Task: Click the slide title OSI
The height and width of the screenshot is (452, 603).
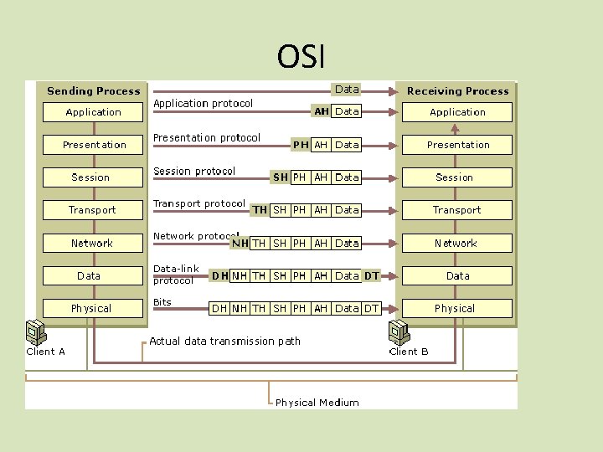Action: coord(301,57)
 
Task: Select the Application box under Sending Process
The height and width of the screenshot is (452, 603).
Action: coord(94,112)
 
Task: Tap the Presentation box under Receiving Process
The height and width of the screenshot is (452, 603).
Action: coord(457,145)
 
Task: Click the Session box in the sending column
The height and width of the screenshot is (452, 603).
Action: coord(91,177)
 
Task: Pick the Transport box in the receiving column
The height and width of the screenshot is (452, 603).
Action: coord(457,210)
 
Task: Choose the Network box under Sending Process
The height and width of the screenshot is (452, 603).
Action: coord(92,243)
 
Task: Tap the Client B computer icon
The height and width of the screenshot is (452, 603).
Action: coord(397,332)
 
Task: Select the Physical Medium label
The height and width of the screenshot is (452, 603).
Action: coord(317,403)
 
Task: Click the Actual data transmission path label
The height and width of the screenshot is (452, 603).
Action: coord(224,341)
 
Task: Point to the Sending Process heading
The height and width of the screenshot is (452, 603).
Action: coord(94,90)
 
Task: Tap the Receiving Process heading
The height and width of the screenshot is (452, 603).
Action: coord(457,90)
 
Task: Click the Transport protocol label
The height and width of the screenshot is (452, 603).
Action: coord(199,203)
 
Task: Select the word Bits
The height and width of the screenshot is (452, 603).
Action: coord(162,301)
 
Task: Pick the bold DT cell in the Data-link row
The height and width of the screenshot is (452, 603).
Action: coord(371,275)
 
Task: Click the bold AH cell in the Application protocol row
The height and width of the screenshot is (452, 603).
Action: coord(322,111)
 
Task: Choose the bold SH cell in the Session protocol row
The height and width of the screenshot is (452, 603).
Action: coord(281,177)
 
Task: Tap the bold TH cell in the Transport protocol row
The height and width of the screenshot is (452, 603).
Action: coord(260,210)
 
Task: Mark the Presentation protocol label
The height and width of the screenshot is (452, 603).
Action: coord(207,138)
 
